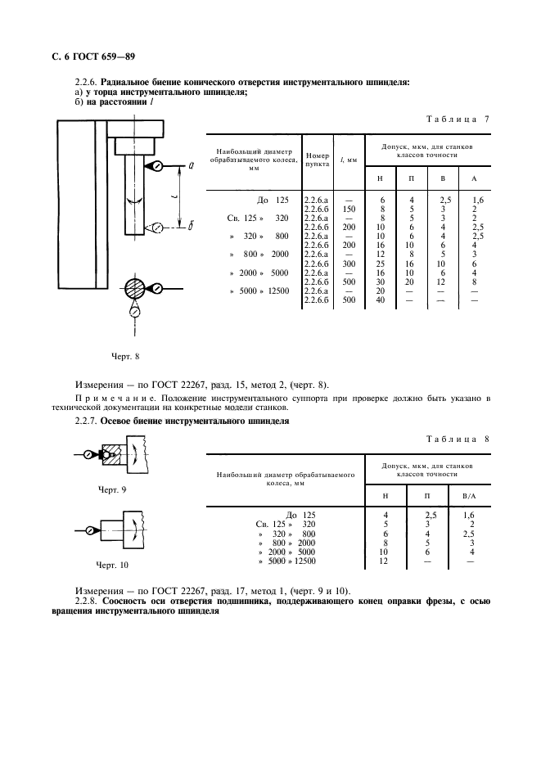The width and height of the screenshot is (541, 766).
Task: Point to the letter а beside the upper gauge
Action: pyautogui.click(x=190, y=166)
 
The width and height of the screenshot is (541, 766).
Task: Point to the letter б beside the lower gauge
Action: pyautogui.click(x=189, y=227)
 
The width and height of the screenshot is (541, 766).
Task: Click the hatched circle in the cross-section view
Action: pyautogui.click(x=134, y=288)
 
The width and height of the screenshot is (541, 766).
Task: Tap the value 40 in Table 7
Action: pyautogui.click(x=381, y=300)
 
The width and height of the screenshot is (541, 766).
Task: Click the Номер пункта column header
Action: pyautogui.click(x=317, y=159)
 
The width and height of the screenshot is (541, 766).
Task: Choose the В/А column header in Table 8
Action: pyautogui.click(x=469, y=496)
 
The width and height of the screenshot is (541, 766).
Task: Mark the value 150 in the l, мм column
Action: pyautogui.click(x=349, y=209)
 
